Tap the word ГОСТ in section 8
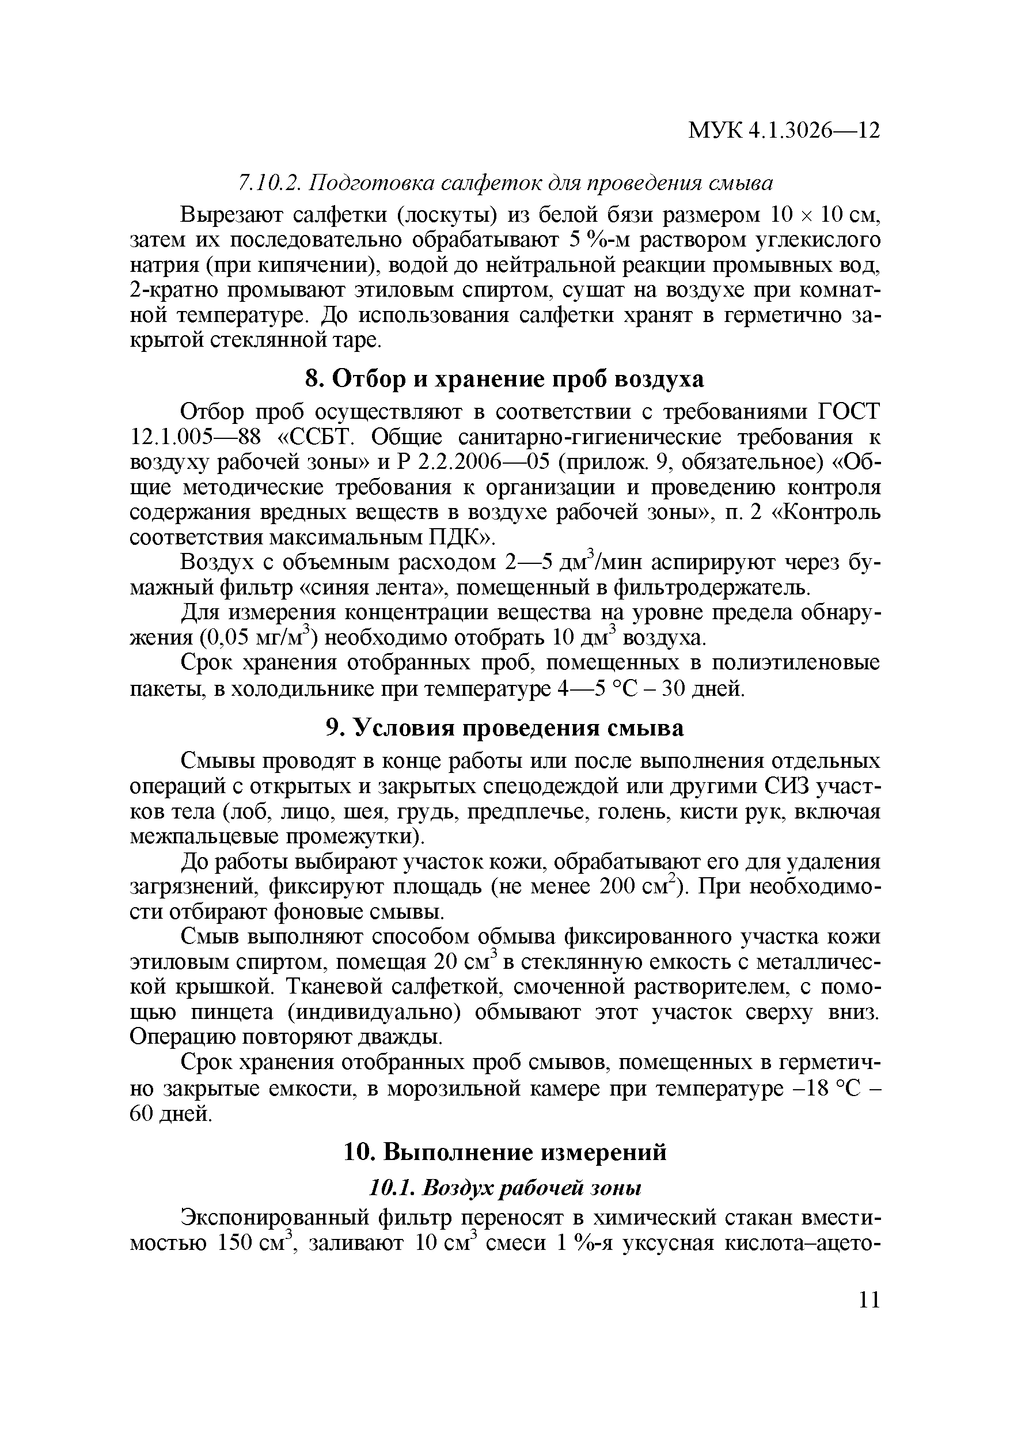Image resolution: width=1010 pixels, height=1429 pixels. click(849, 412)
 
